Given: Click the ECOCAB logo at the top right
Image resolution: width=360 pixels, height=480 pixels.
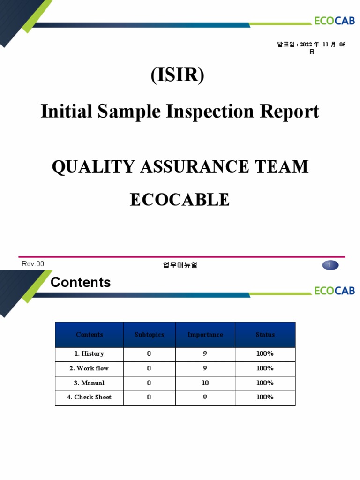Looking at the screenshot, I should (334, 20).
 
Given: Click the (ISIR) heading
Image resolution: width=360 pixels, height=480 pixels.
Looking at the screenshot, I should (177, 75).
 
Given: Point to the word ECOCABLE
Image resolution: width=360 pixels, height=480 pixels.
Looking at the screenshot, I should (180, 200).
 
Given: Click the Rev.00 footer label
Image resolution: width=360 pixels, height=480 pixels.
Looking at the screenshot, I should (33, 264).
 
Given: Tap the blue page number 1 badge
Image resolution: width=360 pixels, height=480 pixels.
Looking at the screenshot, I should (330, 265).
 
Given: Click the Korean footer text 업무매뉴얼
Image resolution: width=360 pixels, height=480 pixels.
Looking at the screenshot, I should (180, 265).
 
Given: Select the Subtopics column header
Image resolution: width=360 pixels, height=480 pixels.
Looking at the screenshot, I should (149, 335).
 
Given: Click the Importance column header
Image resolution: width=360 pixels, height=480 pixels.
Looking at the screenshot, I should (205, 335).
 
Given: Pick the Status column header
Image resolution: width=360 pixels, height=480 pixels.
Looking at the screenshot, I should (265, 335).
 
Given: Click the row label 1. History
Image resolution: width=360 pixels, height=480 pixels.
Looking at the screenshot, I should (89, 354).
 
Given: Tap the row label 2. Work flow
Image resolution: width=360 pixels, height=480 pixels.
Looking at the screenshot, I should (89, 368).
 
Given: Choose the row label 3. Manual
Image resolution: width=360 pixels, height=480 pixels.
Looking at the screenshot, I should (89, 383).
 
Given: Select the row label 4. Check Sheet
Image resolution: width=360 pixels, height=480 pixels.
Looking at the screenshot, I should (89, 397).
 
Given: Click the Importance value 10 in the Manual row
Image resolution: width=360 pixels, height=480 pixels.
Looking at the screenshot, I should (205, 383).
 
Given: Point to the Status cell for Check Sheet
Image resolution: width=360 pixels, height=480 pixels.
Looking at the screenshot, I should (265, 397).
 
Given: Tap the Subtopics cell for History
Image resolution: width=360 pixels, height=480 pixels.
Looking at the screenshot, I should (149, 354).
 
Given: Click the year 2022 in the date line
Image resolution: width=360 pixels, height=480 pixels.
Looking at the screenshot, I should (306, 45).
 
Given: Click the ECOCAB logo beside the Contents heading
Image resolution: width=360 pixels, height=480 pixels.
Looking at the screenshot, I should (334, 291).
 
